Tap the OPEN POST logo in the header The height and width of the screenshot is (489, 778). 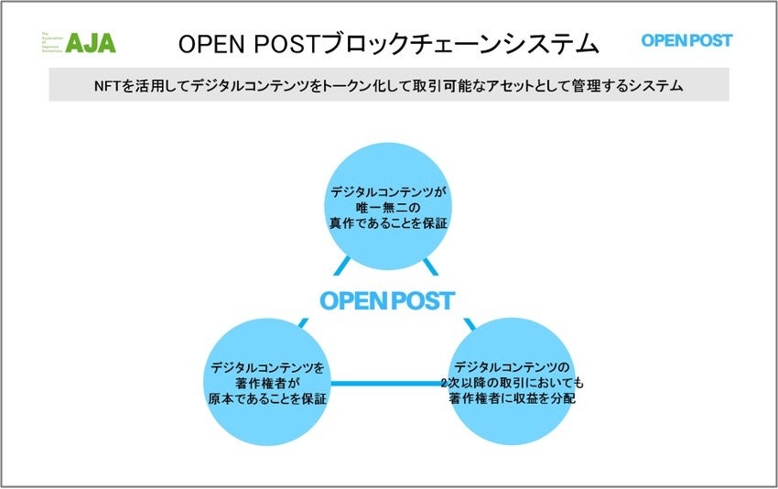pyautogui.click(x=686, y=40)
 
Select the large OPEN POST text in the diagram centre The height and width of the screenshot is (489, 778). pyautogui.click(x=387, y=300)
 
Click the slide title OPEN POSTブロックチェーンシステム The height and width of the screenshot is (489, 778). pyautogui.click(x=388, y=42)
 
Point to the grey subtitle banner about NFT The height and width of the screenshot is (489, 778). pyautogui.click(x=388, y=85)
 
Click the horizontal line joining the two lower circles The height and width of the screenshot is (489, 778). pyautogui.click(x=388, y=383)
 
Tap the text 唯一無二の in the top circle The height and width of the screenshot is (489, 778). pyautogui.click(x=387, y=207)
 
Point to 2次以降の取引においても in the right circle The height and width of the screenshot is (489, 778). pyautogui.click(x=518, y=383)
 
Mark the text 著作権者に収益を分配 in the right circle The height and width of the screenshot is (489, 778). pyautogui.click(x=518, y=398)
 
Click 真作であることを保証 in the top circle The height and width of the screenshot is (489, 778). pyautogui.click(x=387, y=223)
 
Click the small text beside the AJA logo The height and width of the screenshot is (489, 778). pyautogui.click(x=51, y=41)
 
